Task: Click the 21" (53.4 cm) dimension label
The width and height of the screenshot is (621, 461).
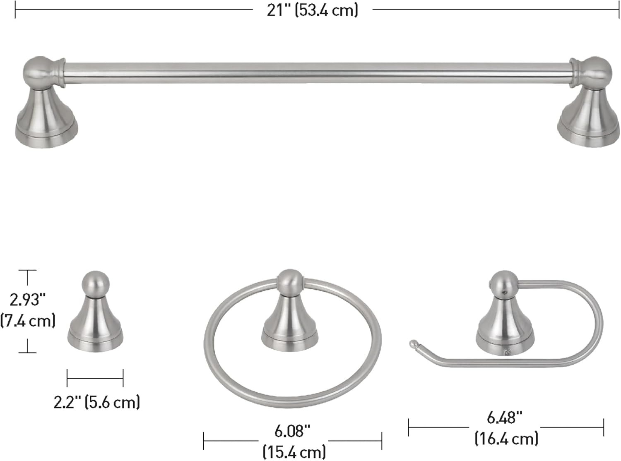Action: coord(312,11)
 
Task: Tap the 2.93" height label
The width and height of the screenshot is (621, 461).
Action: coord(28,300)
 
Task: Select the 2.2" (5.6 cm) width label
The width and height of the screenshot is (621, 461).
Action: coord(96,403)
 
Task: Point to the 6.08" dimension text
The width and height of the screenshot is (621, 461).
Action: coord(292,431)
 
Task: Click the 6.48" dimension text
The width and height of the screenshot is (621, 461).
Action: coord(505,418)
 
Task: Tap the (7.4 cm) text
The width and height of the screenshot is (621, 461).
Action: coord(28,321)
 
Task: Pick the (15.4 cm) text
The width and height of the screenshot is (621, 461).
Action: coord(294,451)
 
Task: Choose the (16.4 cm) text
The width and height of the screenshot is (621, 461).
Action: coord(506,438)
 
